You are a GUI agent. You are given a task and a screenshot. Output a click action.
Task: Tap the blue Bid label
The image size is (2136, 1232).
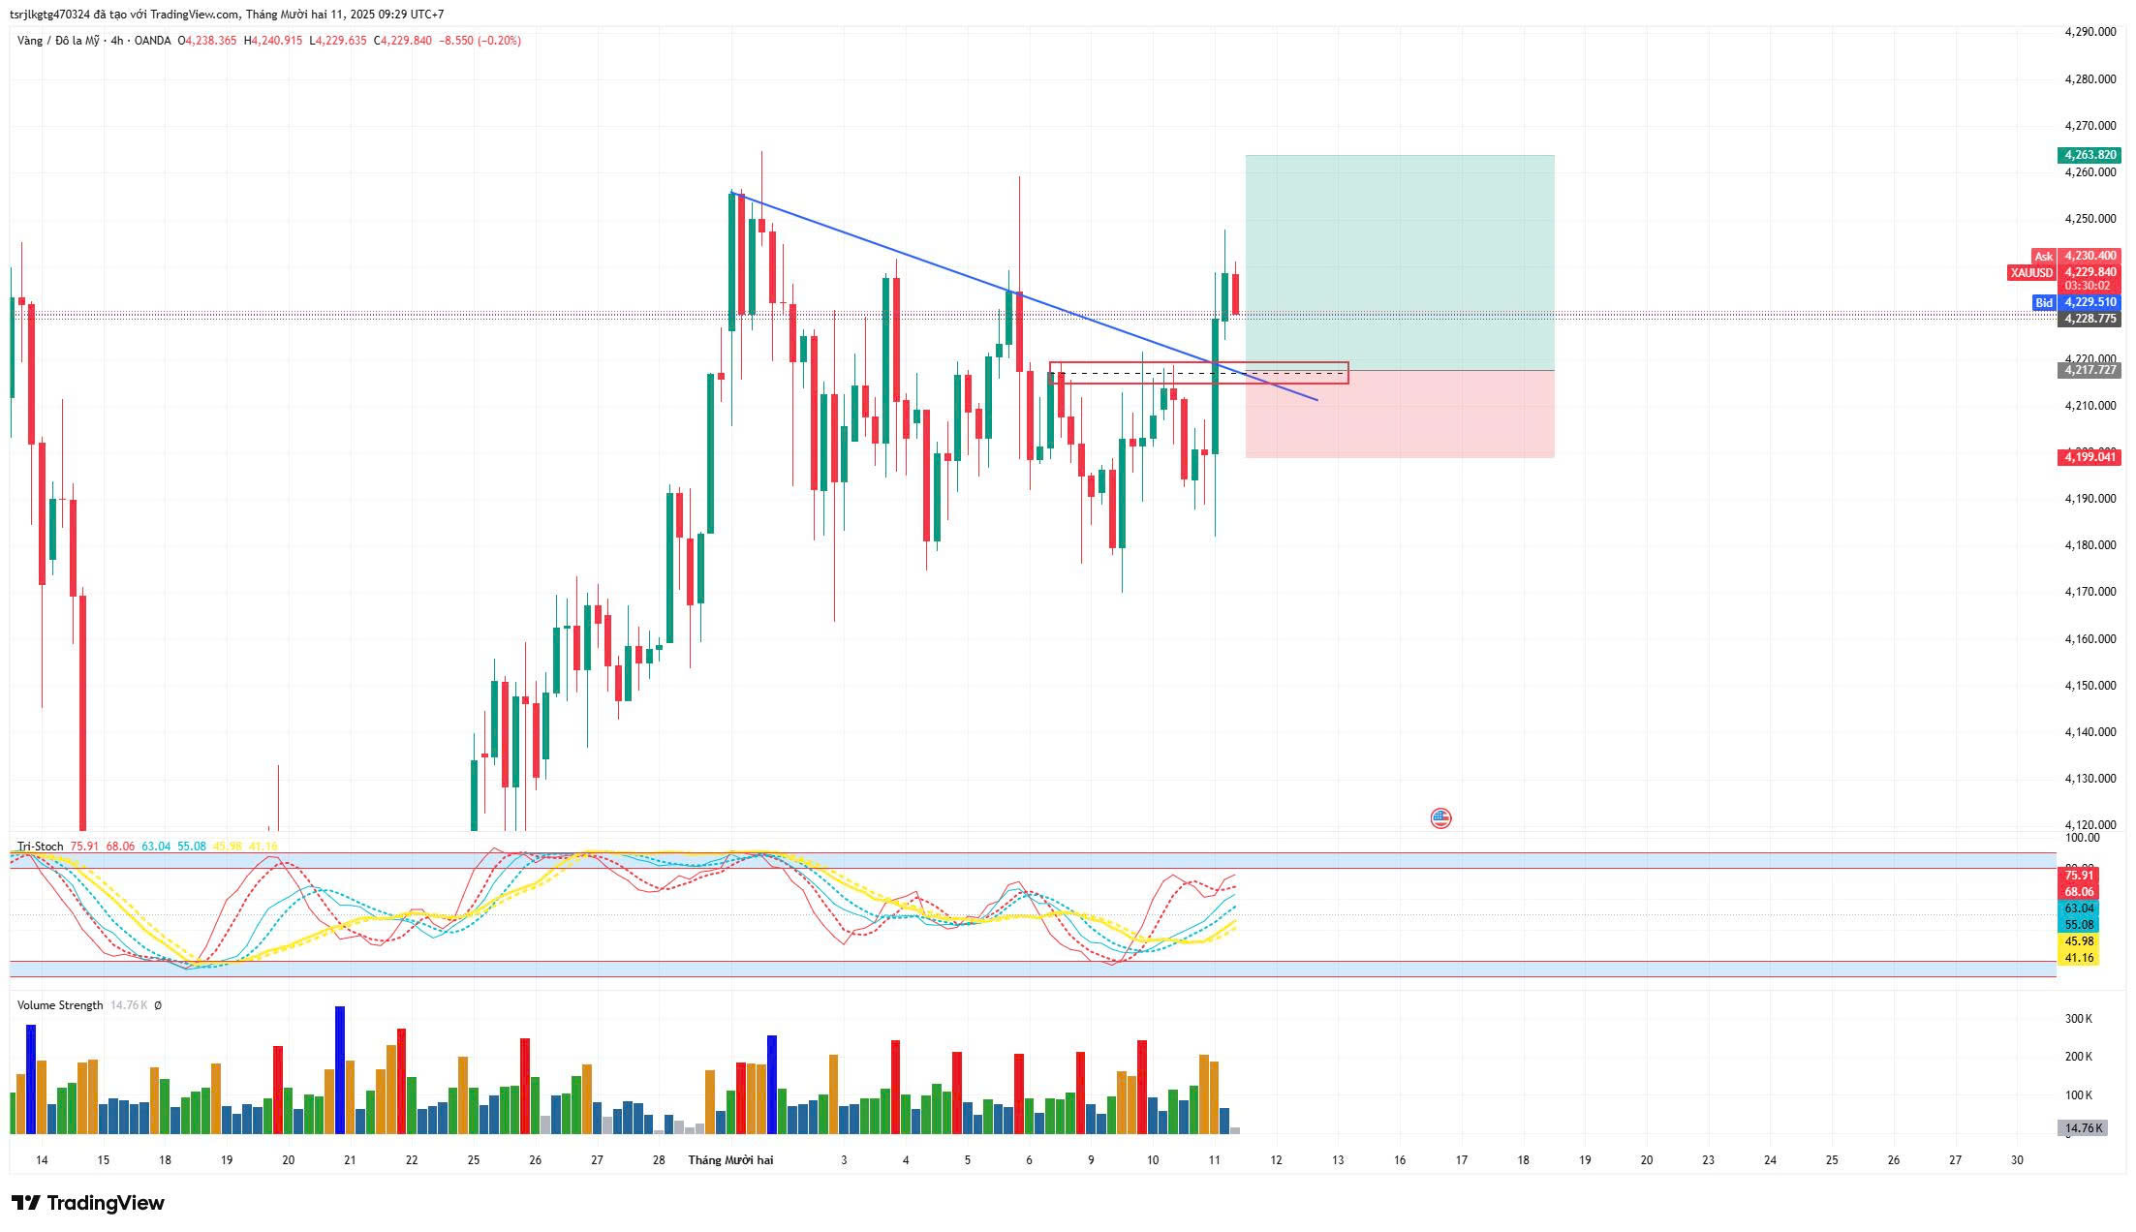point(2043,303)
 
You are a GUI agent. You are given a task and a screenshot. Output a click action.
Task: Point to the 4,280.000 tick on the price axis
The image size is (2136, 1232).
point(2090,78)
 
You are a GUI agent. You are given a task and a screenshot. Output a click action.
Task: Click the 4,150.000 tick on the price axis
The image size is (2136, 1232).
point(2090,686)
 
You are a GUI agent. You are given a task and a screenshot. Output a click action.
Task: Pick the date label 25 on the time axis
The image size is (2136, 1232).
point(473,1160)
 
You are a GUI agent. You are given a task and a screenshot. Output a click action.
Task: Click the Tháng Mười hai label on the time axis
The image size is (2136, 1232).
point(730,1160)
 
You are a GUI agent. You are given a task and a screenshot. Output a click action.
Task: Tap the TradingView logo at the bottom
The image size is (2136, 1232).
point(88,1203)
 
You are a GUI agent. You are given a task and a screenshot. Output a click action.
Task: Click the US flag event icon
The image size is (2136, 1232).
point(1440,818)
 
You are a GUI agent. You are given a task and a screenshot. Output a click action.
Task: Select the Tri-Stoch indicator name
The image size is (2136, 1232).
point(40,847)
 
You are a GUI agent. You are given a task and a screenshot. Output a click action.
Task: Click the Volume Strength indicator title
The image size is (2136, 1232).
point(60,1005)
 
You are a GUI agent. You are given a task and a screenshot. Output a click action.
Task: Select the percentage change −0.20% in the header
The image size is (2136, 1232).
point(499,41)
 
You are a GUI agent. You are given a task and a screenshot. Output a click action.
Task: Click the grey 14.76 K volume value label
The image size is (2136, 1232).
point(2083,1128)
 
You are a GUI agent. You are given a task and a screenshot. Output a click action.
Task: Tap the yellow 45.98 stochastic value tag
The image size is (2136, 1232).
point(2079,941)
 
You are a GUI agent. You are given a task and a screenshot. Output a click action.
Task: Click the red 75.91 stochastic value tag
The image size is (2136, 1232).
point(2079,876)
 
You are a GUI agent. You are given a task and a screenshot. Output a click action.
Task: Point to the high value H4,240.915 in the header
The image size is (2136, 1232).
point(273,41)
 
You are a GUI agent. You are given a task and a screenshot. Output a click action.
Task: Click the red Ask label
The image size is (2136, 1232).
point(2043,257)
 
